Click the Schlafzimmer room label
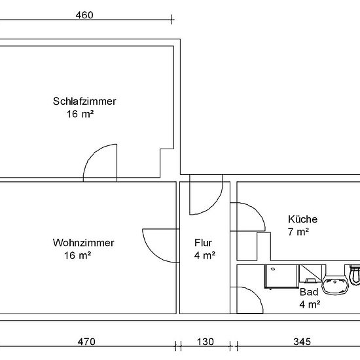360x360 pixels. (x=84, y=101)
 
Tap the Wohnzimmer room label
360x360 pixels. (x=83, y=243)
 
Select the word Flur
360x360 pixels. (x=203, y=243)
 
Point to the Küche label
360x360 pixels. (x=302, y=219)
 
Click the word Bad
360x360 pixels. (x=309, y=292)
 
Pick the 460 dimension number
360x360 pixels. (x=84, y=15)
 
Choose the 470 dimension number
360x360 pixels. (x=86, y=342)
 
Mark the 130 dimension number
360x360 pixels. (x=206, y=342)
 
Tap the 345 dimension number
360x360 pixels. (x=302, y=342)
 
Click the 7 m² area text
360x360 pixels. (x=298, y=232)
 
